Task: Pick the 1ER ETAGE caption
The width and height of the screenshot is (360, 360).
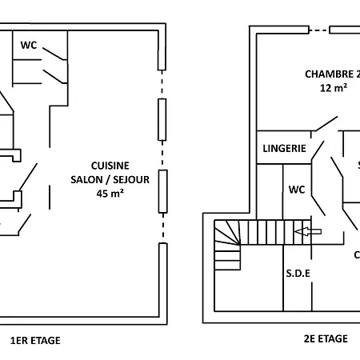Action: [x=34, y=340]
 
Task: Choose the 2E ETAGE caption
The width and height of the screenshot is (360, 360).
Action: [x=326, y=338]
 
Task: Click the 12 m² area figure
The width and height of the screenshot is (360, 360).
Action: [x=334, y=88]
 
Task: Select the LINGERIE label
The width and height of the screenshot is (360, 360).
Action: [x=284, y=148]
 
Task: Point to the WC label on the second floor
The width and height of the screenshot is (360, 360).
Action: [x=296, y=190]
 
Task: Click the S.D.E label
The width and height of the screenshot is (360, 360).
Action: [x=298, y=273]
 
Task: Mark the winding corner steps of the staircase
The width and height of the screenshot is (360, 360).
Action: [x=227, y=244]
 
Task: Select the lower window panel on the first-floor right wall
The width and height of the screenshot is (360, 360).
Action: [x=162, y=190]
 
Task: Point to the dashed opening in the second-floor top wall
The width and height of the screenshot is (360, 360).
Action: [x=318, y=30]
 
